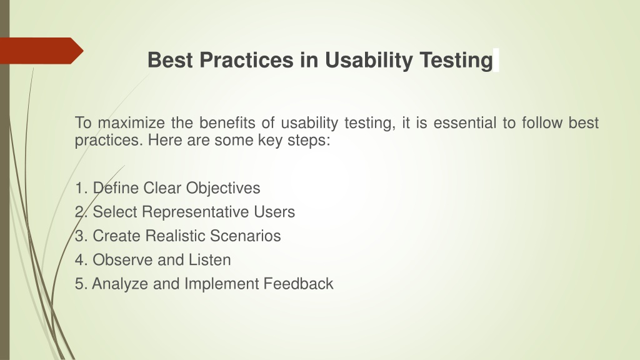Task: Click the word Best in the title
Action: (170, 59)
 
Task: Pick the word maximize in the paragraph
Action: (131, 122)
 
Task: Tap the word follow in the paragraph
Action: (542, 122)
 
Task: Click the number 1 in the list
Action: (79, 188)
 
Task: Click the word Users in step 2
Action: (274, 212)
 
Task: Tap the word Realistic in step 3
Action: (175, 236)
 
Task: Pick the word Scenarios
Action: (245, 236)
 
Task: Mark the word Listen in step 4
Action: (209, 260)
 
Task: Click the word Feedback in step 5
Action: (298, 284)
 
